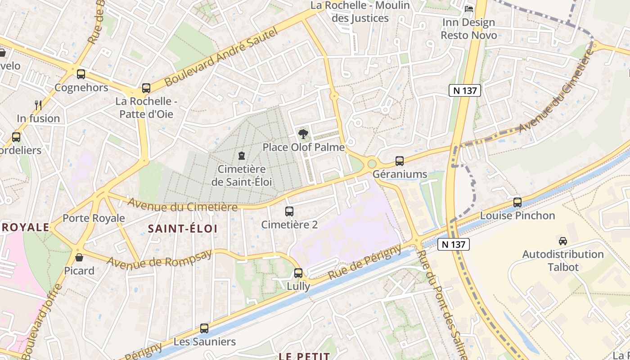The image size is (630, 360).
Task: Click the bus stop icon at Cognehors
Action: [x=81, y=74]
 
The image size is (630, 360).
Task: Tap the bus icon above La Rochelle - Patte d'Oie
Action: [x=146, y=88]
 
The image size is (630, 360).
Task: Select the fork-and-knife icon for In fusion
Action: [x=38, y=105]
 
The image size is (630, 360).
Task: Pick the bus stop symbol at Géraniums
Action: [x=399, y=161]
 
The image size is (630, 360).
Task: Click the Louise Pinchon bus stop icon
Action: [x=517, y=202]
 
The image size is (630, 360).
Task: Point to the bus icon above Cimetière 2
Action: [x=289, y=211]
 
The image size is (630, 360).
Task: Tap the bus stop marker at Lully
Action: [x=298, y=273]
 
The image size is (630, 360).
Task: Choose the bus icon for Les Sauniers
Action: [x=204, y=328]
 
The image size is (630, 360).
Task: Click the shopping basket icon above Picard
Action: [x=79, y=257]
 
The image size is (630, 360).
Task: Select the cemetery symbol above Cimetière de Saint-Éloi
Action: [x=242, y=156]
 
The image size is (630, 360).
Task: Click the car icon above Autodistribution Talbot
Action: [x=562, y=241]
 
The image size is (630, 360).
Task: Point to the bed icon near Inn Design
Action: [x=469, y=9]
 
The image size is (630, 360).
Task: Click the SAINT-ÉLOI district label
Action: [x=183, y=229]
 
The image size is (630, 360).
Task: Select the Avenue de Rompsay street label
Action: [x=159, y=260]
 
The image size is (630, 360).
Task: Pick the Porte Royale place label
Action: [x=94, y=218]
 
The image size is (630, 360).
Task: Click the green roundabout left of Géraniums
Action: [x=372, y=164]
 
